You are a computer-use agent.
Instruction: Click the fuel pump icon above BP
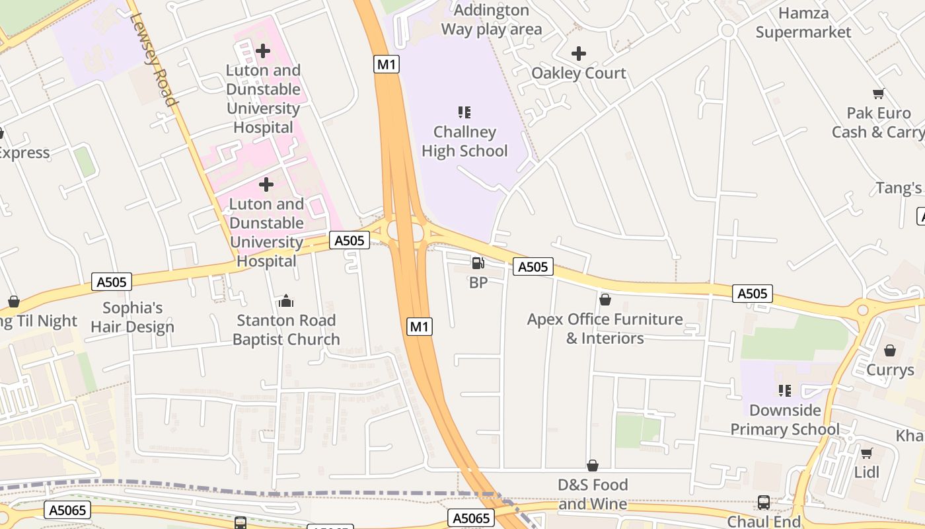478,263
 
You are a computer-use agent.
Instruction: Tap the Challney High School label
464,142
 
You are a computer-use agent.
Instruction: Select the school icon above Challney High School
464,112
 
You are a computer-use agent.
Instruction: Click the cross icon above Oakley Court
579,53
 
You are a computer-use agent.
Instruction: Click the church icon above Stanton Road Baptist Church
286,302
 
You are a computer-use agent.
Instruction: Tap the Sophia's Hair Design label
132,317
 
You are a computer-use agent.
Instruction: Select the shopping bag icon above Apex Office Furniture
605,300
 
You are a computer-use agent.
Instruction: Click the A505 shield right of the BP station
533,266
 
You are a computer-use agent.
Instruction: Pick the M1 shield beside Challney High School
387,64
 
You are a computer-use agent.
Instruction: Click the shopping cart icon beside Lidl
866,453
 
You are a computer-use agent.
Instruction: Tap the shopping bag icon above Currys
890,350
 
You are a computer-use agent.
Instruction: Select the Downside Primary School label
785,420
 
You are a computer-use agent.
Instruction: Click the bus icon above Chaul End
764,503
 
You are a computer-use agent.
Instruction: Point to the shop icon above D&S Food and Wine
593,466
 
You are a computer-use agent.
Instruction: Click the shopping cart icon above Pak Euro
878,94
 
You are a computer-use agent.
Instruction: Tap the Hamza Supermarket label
803,22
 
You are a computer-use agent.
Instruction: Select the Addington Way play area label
492,20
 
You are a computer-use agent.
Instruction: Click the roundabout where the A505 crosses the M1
405,231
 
